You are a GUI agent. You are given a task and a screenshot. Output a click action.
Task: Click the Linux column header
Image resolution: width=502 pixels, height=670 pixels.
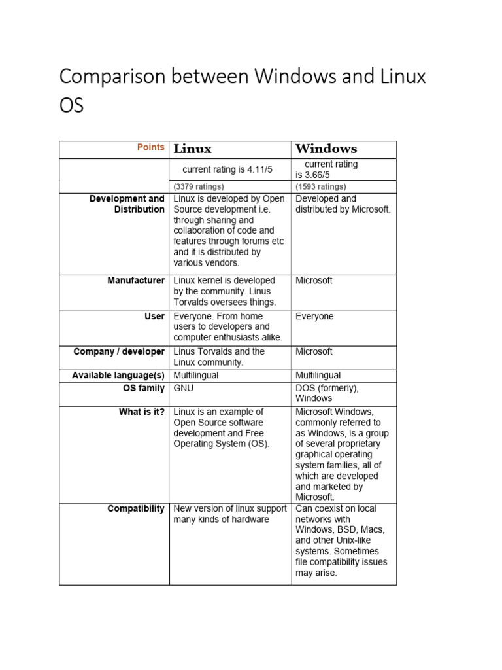tap(192, 149)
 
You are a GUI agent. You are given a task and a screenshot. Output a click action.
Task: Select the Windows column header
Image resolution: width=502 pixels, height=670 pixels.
tap(326, 149)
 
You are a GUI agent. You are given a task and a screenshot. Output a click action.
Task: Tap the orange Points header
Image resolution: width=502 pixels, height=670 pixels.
tap(150, 147)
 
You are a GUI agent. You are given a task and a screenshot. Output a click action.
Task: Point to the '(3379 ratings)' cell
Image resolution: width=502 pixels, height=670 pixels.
tap(198, 186)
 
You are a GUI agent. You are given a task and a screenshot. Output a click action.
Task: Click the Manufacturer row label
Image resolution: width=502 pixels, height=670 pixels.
tap(136, 281)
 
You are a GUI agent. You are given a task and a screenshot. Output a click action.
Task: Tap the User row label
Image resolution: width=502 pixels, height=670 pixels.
tap(154, 316)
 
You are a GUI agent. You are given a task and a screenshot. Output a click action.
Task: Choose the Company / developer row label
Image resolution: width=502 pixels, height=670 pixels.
tap(119, 351)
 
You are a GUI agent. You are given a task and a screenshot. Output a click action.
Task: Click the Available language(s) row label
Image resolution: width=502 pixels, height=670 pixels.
tap(118, 376)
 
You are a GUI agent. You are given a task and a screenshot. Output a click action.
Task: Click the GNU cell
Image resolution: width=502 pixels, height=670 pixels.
tap(183, 387)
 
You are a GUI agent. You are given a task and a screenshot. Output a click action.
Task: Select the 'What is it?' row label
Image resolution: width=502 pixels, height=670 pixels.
tap(141, 412)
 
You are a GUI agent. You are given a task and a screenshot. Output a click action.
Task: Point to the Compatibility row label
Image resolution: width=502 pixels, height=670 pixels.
tap(136, 508)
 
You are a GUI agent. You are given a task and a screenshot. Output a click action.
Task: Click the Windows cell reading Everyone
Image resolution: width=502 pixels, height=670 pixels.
tap(314, 316)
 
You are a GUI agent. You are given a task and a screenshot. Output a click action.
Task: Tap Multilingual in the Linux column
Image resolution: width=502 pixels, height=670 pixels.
tap(196, 376)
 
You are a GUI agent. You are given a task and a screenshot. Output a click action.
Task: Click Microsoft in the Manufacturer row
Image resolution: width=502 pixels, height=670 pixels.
tap(314, 281)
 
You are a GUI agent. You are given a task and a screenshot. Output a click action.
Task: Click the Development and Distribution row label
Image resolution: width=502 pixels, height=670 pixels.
tap(127, 204)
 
